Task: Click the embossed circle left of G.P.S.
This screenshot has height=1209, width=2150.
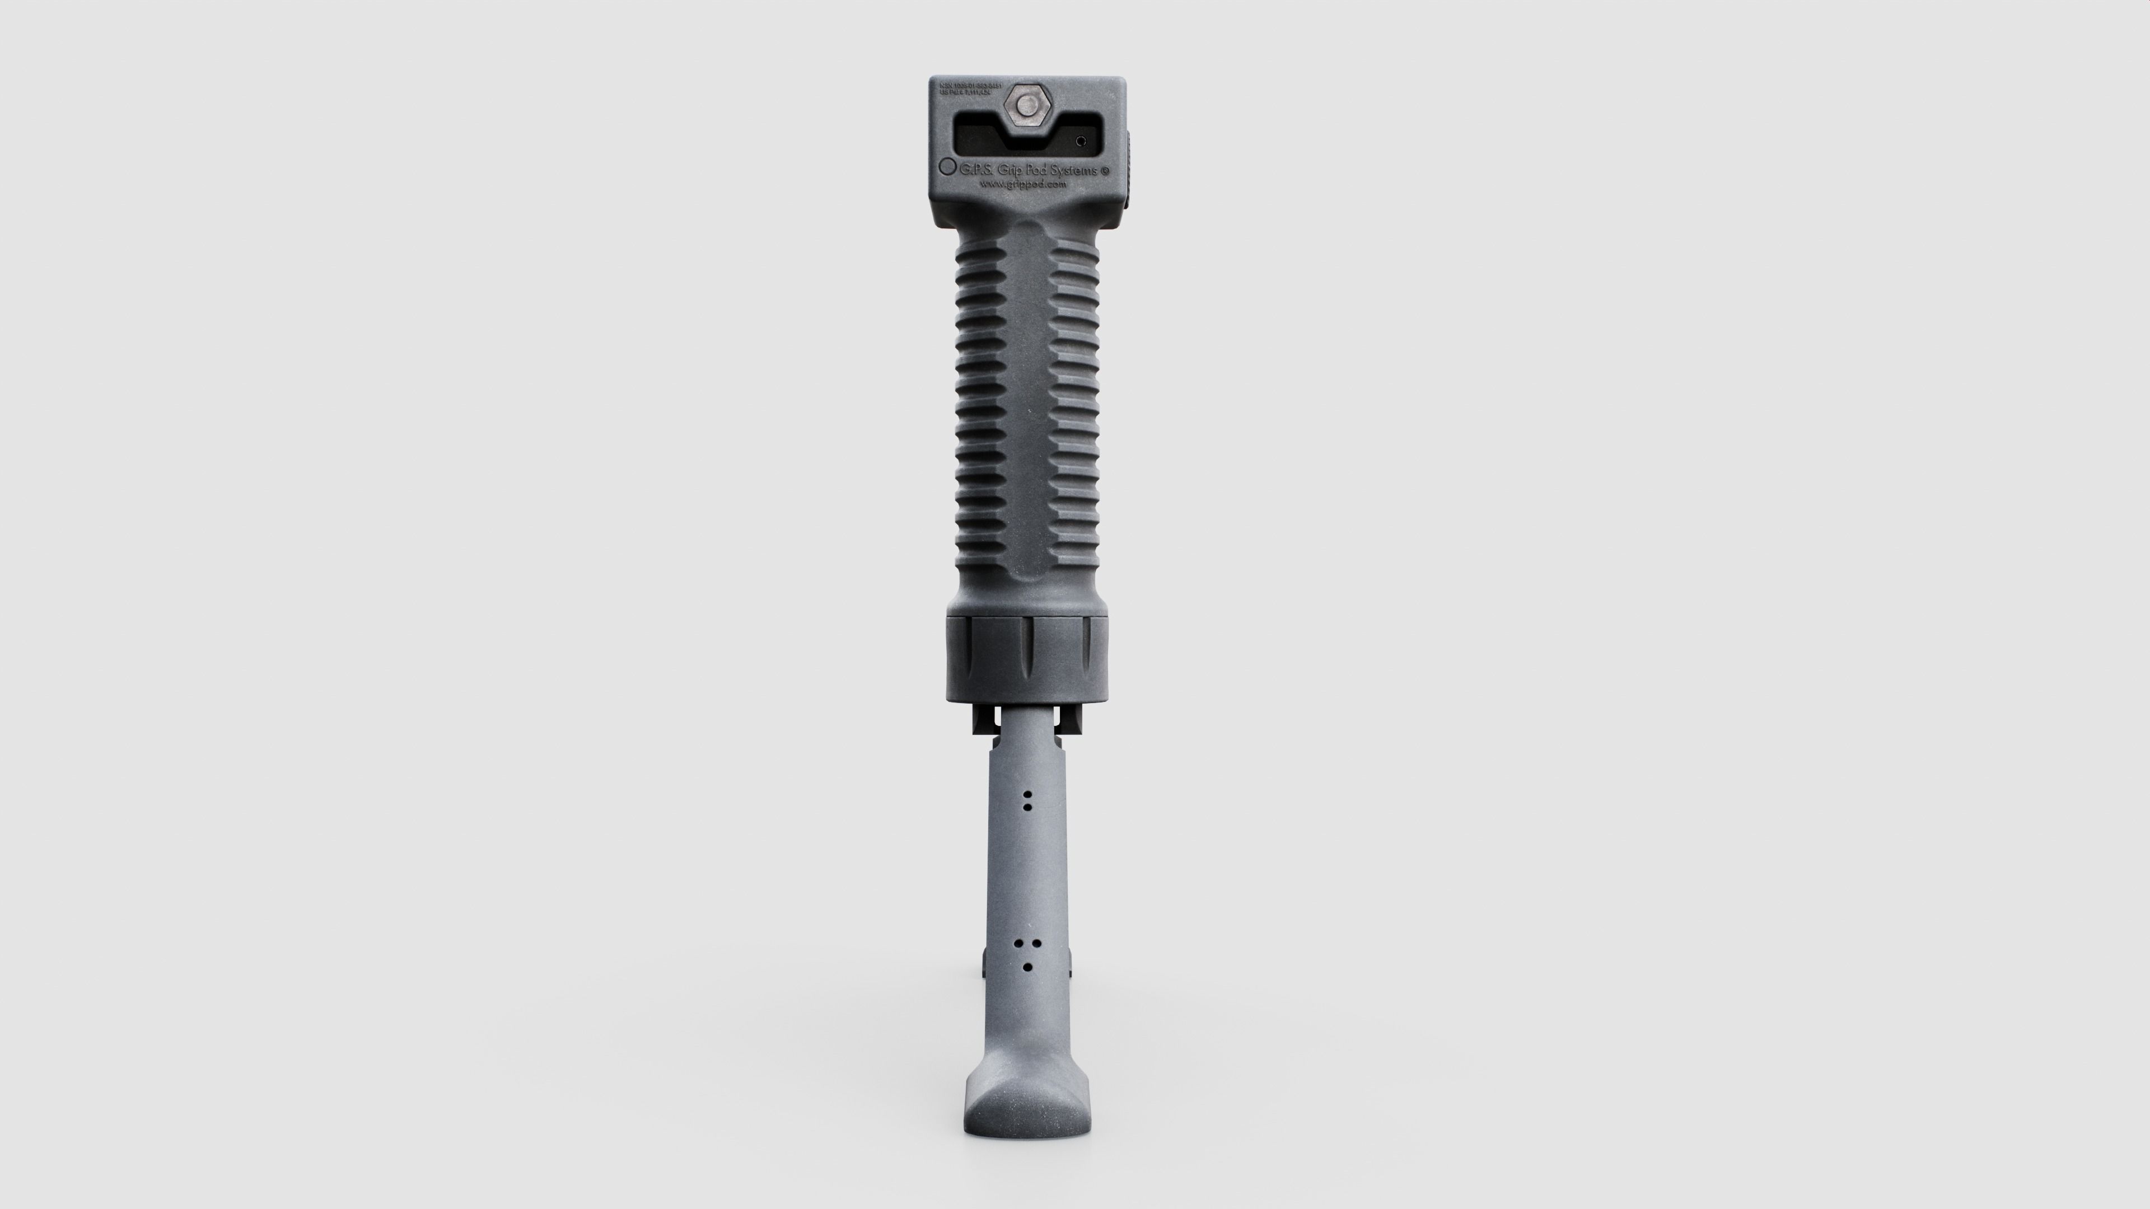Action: (948, 166)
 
